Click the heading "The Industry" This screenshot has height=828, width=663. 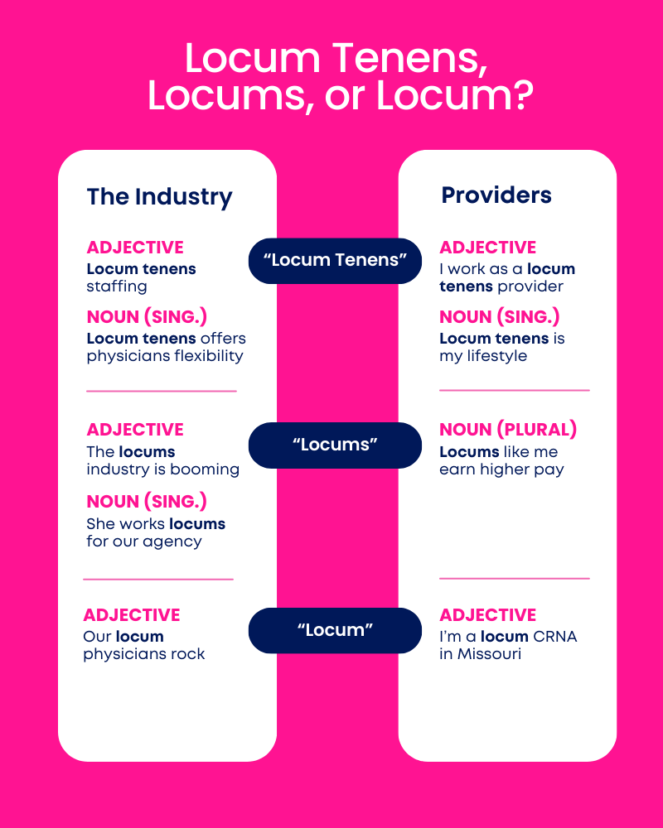pyautogui.click(x=159, y=197)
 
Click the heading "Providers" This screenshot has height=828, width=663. pyautogui.click(x=496, y=195)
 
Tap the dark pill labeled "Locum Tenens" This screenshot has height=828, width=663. pyautogui.click(x=335, y=261)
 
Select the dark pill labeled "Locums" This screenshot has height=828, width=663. pyautogui.click(x=335, y=445)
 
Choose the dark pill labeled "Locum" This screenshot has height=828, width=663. pyautogui.click(x=335, y=630)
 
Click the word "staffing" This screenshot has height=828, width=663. pyautogui.click(x=117, y=286)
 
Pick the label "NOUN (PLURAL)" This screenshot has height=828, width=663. pyautogui.click(x=508, y=429)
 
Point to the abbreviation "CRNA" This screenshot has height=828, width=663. pyautogui.click(x=555, y=636)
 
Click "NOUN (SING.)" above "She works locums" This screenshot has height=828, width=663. pyautogui.click(x=147, y=501)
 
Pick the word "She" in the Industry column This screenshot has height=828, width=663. pyautogui.click(x=100, y=524)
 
